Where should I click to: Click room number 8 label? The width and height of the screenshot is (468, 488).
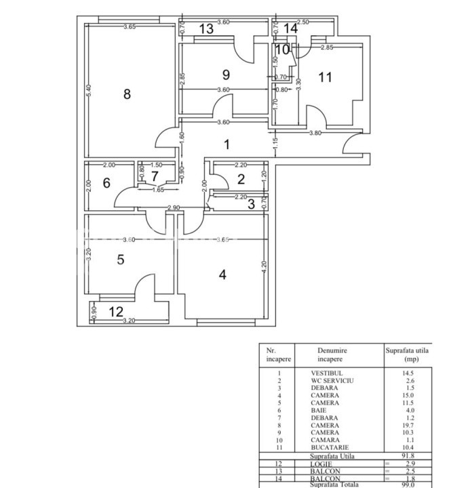click(x=127, y=94)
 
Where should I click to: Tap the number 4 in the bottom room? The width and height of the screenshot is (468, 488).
click(x=222, y=274)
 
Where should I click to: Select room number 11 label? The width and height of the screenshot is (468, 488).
click(x=326, y=77)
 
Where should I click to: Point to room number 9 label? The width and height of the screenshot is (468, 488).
click(x=226, y=74)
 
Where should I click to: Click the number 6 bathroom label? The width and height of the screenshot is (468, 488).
click(x=106, y=183)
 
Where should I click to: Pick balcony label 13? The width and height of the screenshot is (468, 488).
click(x=206, y=28)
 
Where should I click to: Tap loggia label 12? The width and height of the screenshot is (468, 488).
click(x=116, y=312)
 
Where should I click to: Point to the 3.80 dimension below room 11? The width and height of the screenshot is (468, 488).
click(x=315, y=134)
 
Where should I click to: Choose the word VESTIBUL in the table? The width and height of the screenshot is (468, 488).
click(x=327, y=373)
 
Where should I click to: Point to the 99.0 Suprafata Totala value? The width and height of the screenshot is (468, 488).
click(x=408, y=484)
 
